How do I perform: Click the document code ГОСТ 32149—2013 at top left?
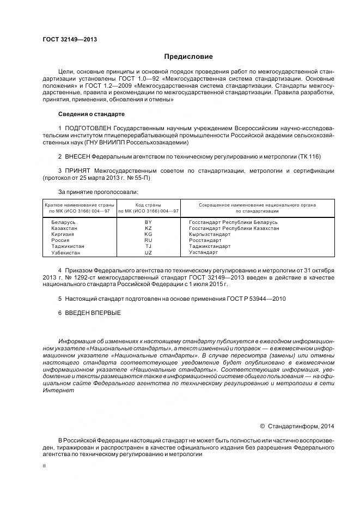pos(66,39)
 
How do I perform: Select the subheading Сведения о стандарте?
pos(91,114)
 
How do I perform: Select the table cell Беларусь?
pos(64,222)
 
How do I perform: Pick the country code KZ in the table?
pos(148,228)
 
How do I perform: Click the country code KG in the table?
pos(148,234)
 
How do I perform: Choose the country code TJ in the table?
pos(148,246)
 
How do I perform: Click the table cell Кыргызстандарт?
pos(209,234)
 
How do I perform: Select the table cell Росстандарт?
pos(205,240)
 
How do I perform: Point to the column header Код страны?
pos(148,205)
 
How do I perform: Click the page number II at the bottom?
pos(45,466)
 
